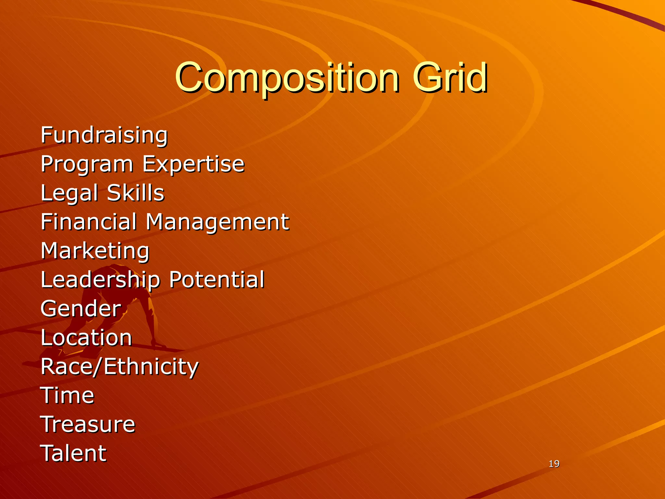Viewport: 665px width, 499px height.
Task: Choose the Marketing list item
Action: click(x=95, y=251)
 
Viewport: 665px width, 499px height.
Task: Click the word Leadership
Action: click(x=100, y=280)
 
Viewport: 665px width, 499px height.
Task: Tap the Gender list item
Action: click(x=81, y=308)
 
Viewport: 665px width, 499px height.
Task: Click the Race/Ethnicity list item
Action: click(x=119, y=367)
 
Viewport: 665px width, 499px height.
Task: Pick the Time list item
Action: click(x=68, y=395)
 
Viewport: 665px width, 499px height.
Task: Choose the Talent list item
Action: click(x=73, y=453)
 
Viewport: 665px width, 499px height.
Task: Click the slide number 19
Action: click(x=554, y=464)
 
